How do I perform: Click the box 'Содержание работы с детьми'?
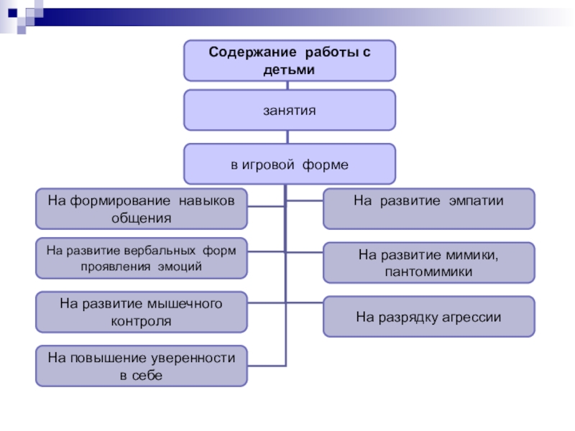(x=289, y=60)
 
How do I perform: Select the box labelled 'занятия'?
(x=289, y=110)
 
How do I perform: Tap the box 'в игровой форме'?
(x=289, y=164)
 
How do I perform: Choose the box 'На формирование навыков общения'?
(x=142, y=208)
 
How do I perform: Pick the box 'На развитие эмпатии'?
(x=428, y=208)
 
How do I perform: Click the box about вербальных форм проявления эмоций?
(x=142, y=258)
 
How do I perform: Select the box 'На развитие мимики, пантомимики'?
(x=428, y=263)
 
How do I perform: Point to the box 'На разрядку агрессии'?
(x=428, y=317)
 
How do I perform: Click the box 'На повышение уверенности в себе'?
(x=142, y=366)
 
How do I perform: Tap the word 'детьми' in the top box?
(x=289, y=70)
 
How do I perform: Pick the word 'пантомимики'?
(x=428, y=272)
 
